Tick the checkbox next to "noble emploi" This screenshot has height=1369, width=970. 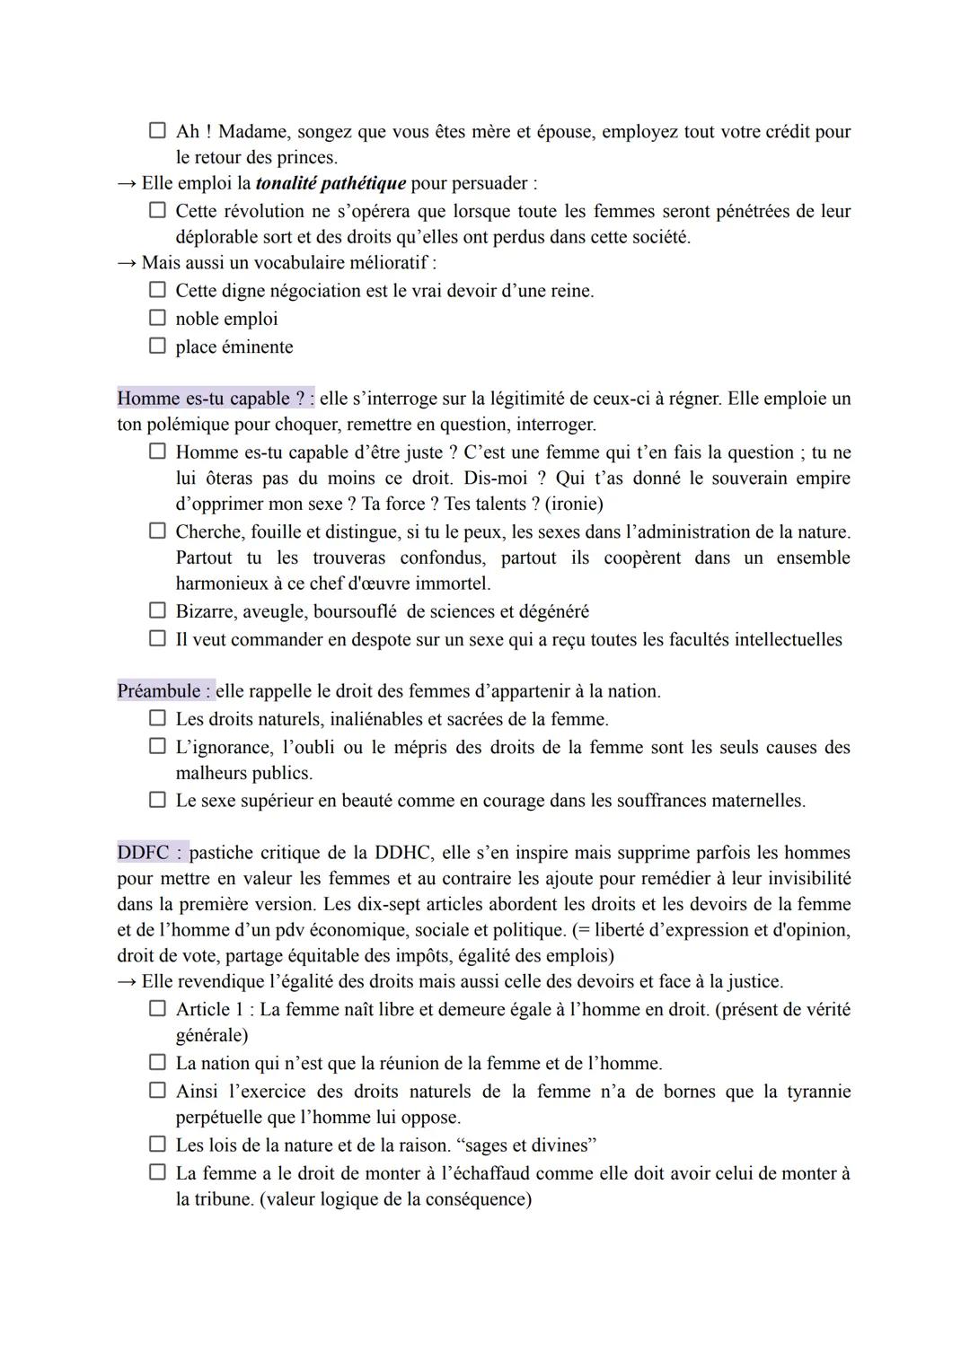(x=157, y=318)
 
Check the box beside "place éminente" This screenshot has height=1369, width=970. (x=157, y=346)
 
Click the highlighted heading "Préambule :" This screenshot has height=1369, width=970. (x=164, y=691)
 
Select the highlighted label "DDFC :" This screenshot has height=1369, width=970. (x=151, y=852)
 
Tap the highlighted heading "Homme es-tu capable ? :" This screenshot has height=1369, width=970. (x=216, y=399)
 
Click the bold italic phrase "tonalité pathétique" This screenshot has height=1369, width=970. (x=331, y=183)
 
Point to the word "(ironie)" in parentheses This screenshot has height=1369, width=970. (x=574, y=504)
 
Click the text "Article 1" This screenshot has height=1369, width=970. (x=211, y=1009)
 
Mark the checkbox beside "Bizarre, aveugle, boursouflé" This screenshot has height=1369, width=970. (x=157, y=610)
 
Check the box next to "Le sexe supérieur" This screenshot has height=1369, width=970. (x=157, y=799)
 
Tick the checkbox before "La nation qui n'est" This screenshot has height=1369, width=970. (x=157, y=1063)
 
